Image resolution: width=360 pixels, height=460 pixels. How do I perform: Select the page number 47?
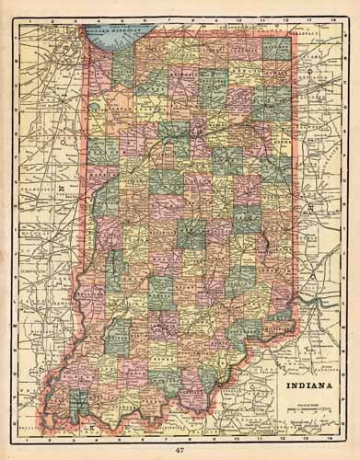pos(179,450)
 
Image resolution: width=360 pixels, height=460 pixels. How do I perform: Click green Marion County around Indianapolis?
pos(191,234)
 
